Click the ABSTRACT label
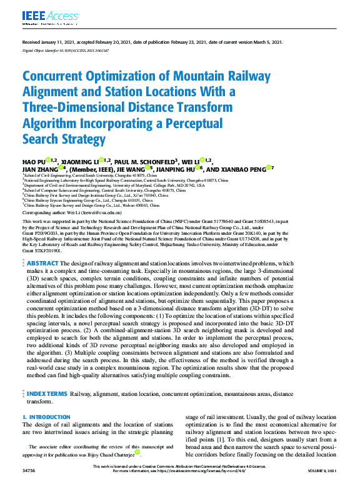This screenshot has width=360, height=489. [x=42, y=282]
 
